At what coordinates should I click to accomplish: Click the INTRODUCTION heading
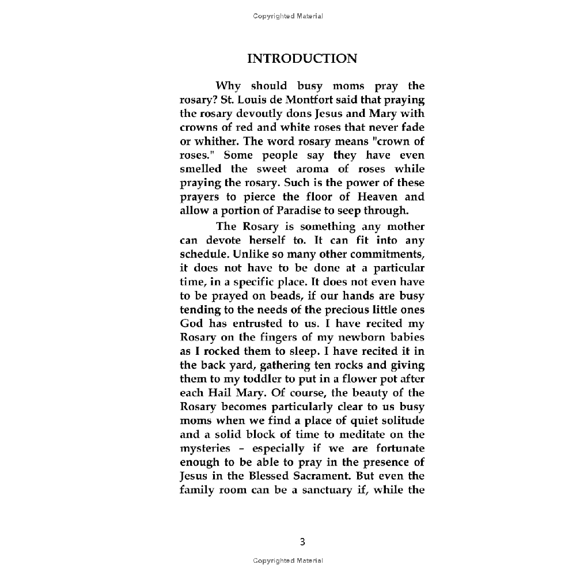coord(302,59)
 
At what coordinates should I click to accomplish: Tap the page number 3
coord(302,541)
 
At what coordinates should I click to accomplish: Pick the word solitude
coord(399,420)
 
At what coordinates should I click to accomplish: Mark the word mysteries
coord(206,449)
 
